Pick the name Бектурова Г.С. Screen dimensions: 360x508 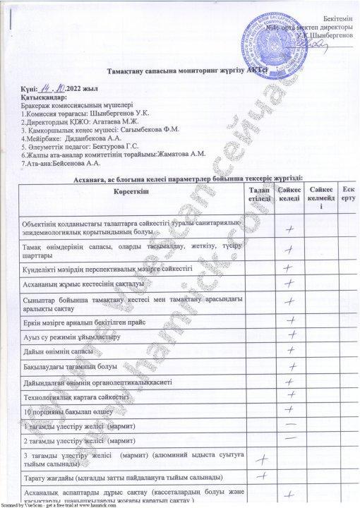(131, 147)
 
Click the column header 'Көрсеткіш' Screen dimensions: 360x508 (130, 193)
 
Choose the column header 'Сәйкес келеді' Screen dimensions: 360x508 (289, 195)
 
